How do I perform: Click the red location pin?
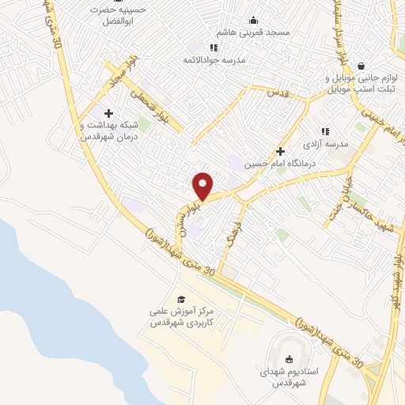[203, 185]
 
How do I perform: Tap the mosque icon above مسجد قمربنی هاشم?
[253, 21]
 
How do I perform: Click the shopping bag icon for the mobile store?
[361, 66]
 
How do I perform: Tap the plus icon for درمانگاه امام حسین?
[280, 150]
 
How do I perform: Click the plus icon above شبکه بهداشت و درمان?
[108, 113]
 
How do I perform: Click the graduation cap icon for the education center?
[181, 299]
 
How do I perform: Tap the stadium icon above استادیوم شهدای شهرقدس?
[286, 356]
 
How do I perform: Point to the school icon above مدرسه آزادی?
[324, 131]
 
